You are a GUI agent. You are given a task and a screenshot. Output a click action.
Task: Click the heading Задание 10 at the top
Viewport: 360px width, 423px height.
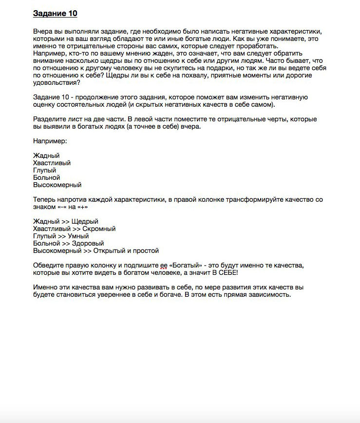tap(55, 13)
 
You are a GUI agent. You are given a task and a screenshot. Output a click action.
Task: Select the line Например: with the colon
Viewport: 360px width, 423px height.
tap(50, 141)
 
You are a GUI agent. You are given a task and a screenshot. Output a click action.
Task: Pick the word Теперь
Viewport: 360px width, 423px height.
tap(46, 200)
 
